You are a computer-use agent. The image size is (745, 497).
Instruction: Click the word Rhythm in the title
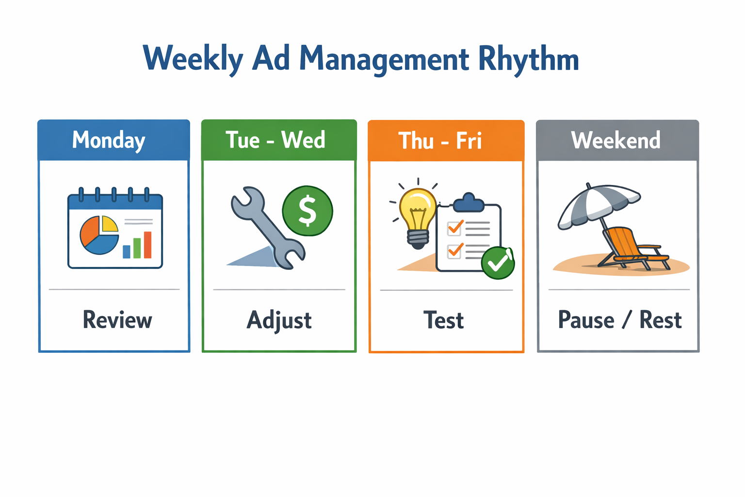click(x=528, y=59)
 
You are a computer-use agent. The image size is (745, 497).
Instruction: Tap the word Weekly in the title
click(x=193, y=59)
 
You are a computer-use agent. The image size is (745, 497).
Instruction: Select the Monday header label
click(x=109, y=140)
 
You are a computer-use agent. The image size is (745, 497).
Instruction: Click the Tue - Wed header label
click(x=275, y=140)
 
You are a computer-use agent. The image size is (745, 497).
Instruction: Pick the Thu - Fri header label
click(x=440, y=141)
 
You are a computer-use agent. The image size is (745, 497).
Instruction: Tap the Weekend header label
click(x=615, y=140)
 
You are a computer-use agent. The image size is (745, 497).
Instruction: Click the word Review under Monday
click(x=117, y=320)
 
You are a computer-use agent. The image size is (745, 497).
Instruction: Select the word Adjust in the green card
click(x=279, y=321)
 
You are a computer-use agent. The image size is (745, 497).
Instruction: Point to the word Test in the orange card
click(x=443, y=321)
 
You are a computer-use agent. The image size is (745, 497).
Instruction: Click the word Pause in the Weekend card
click(x=586, y=320)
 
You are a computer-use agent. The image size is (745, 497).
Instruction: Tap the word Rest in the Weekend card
click(x=660, y=320)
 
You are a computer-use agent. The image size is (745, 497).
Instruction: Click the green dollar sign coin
click(x=308, y=211)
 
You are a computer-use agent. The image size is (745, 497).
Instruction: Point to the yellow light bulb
click(x=417, y=214)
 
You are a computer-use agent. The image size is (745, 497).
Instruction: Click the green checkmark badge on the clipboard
click(x=498, y=263)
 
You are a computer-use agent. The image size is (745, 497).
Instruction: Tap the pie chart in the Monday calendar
click(x=99, y=235)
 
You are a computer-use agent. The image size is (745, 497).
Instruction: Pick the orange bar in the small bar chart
click(x=147, y=245)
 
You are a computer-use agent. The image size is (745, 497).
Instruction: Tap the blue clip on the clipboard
click(x=469, y=202)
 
